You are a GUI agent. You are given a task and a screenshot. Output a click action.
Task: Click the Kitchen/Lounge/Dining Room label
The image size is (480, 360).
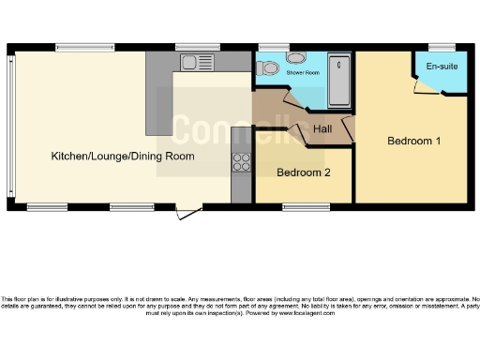tap(122, 156)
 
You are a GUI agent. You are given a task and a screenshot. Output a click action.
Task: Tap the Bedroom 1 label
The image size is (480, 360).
tap(413, 141)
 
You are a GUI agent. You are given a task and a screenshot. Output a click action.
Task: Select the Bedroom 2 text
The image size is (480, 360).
tap(303, 172)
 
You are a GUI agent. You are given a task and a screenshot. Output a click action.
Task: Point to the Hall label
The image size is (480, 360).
tap(322, 128)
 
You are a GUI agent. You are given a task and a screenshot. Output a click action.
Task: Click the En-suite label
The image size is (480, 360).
tap(442, 67)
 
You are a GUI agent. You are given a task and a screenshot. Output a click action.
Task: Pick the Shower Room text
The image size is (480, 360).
tap(302, 72)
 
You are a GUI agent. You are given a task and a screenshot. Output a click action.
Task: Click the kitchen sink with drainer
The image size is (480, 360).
tap(198, 62)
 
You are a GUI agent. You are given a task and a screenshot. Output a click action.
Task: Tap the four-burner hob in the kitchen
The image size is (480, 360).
tap(241, 161)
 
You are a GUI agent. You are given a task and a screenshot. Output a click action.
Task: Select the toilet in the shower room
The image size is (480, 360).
tap(267, 67)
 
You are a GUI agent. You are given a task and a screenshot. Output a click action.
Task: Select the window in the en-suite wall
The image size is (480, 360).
tap(442, 47)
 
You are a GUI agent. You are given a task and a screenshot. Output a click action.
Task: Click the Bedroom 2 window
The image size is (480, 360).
tap(299, 205)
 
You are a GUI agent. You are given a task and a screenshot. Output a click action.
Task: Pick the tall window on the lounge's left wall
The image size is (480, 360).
tap(10, 127)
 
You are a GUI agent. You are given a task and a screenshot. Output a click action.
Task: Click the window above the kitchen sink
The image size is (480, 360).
tap(198, 47)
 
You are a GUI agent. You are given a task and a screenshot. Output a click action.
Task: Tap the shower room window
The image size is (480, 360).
tap(274, 47)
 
